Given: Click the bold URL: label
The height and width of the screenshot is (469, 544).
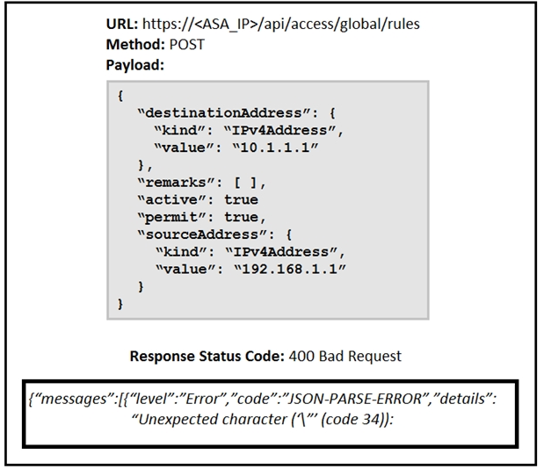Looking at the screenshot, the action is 122,24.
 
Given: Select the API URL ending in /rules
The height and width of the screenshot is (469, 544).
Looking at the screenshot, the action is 281,25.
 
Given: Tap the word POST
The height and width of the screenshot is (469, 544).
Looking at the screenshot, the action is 187,45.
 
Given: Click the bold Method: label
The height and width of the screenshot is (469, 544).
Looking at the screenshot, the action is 135,45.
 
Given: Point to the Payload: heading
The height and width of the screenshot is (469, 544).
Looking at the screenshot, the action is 135,65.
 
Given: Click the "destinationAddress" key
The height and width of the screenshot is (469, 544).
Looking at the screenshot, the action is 224,113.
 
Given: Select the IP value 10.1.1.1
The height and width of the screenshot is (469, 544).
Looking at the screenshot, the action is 275,148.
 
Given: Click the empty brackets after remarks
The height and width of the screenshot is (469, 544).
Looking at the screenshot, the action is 245,183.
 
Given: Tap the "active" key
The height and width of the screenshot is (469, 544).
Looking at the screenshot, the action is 171,199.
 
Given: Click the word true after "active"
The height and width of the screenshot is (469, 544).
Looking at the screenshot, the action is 241,199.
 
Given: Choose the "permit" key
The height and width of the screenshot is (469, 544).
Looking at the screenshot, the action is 171,217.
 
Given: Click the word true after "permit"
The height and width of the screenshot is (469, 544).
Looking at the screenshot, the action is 241,217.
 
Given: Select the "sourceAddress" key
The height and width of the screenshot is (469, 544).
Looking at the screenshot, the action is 202,234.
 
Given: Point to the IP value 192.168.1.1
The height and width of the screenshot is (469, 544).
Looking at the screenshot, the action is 290,269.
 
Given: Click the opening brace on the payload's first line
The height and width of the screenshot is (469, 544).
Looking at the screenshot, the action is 120,96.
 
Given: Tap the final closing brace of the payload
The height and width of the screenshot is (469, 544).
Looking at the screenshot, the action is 120,304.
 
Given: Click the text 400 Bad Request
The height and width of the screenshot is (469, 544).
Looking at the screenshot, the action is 345,356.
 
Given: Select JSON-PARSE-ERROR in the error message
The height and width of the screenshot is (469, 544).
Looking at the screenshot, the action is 356,399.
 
